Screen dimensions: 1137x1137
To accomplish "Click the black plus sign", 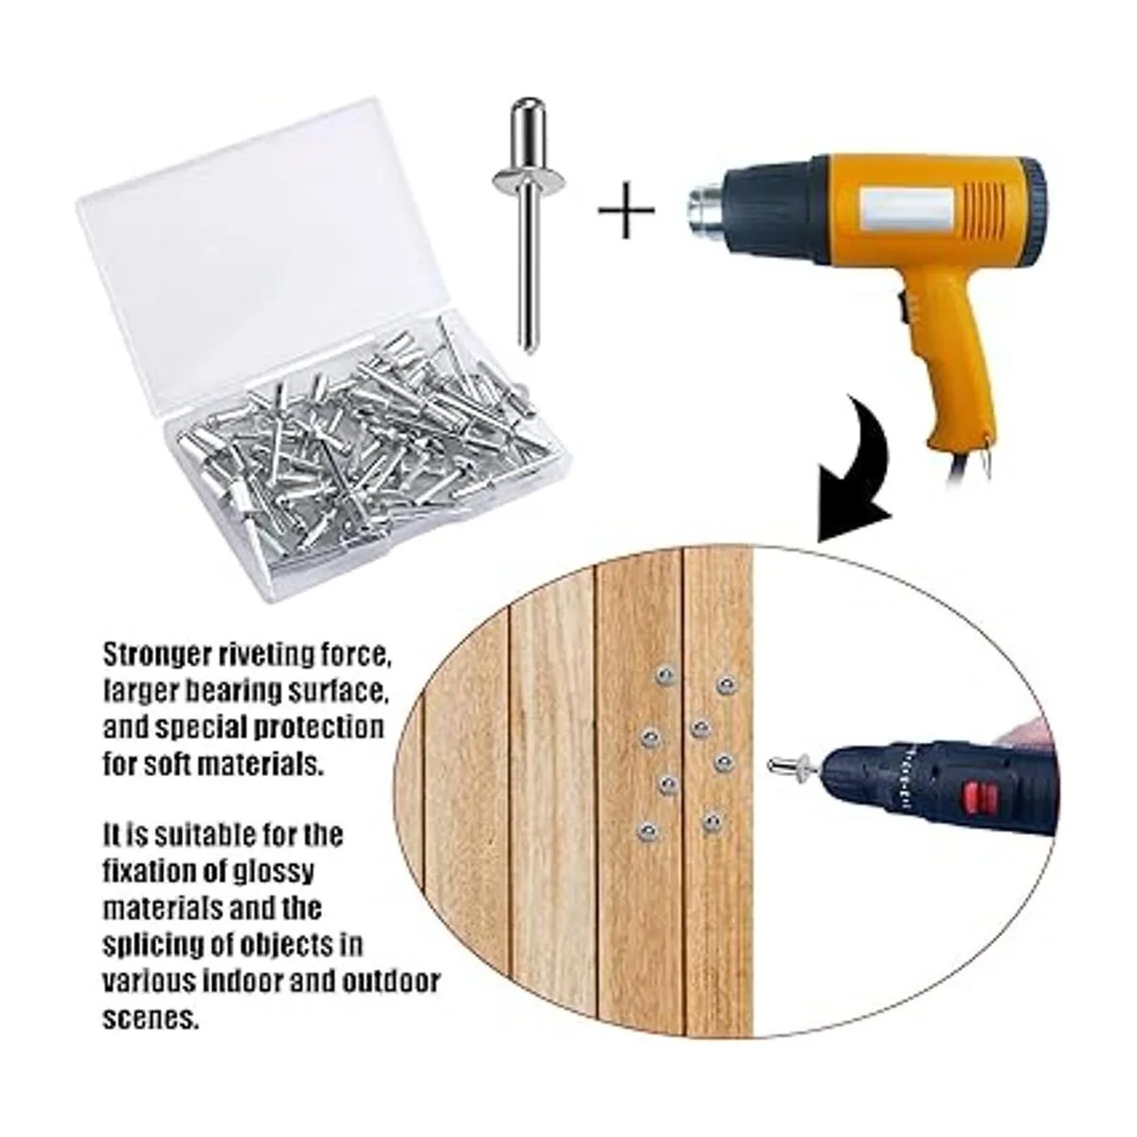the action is point(626,210).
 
